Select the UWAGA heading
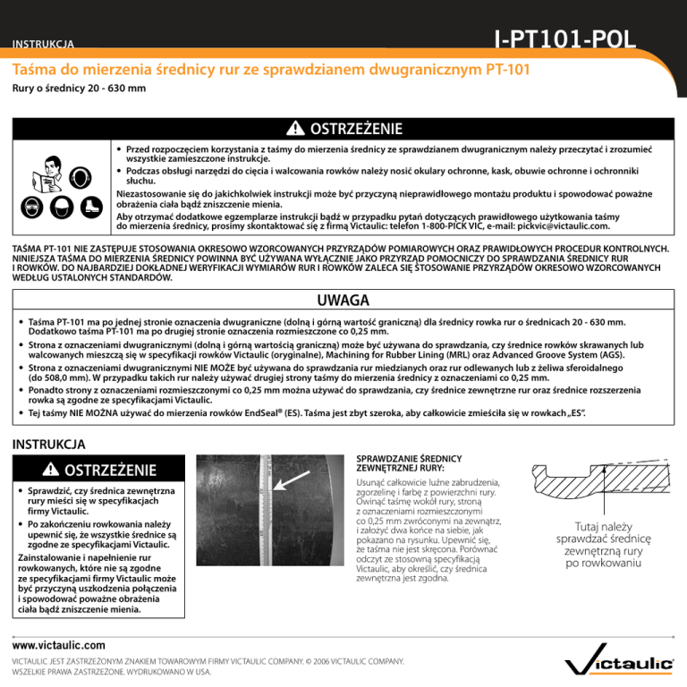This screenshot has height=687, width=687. [343, 300]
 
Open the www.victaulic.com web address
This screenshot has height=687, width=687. [59, 643]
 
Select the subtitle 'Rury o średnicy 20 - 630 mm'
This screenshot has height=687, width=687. [80, 89]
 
